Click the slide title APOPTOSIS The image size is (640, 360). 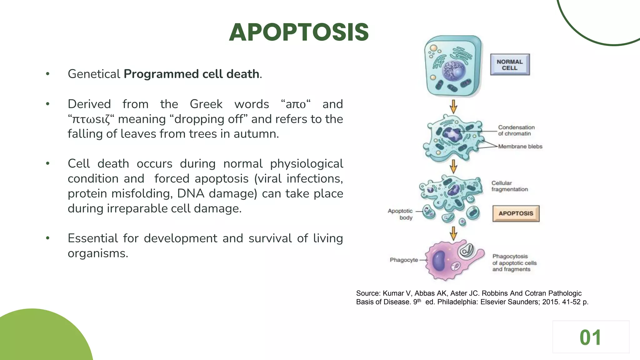pos(299,32)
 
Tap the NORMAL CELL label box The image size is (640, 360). pos(510,65)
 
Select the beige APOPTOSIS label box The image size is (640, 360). pos(516,213)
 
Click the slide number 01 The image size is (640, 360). pos(590,337)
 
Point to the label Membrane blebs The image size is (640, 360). pos(520,146)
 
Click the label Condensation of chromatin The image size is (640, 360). pos(516,130)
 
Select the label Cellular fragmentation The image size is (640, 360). pos(509,186)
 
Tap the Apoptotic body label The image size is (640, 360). pos(400,214)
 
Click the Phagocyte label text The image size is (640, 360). pos(404,260)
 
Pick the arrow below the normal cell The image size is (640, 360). pos(453,107)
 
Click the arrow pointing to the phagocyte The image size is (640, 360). pos(453,233)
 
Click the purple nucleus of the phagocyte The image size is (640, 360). pos(438,261)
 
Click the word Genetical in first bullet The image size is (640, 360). pos(94,74)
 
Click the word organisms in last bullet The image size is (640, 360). pos(98,253)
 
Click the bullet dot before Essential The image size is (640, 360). pos(47,238)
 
